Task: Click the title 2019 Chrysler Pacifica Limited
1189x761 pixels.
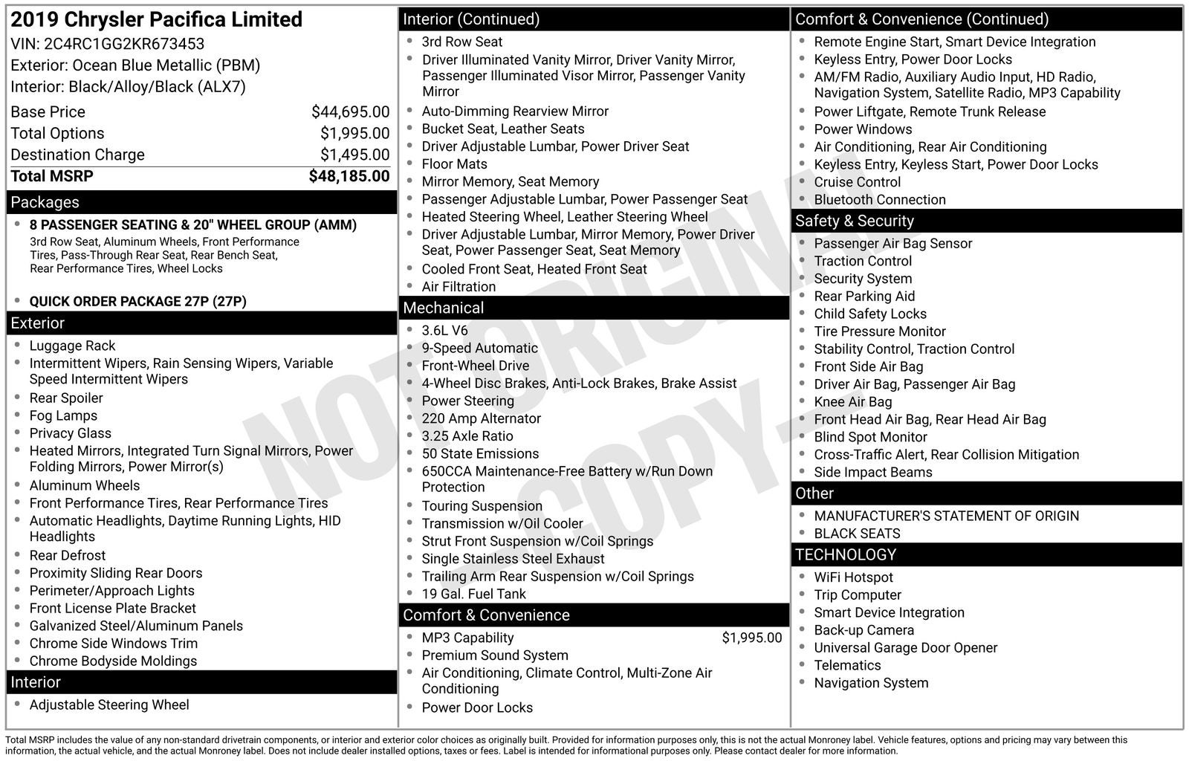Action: [156, 19]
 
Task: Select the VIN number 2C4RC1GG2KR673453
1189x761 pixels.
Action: [124, 44]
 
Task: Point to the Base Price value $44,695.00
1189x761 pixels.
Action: [350, 112]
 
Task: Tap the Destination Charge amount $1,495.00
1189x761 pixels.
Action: [354, 155]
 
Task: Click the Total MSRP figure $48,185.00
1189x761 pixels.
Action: [349, 176]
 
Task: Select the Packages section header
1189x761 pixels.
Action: [45, 202]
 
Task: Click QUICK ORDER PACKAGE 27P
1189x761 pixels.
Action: [137, 301]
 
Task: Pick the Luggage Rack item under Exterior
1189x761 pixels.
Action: [72, 346]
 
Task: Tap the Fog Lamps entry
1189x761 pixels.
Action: [63, 415]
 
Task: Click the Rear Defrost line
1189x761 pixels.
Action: [68, 555]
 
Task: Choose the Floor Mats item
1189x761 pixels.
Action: [454, 163]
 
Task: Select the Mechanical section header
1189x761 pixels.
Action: [443, 308]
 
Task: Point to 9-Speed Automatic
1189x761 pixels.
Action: [479, 348]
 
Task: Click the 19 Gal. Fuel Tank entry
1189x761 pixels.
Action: [473, 594]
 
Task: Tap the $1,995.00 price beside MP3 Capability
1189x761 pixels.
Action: [751, 638]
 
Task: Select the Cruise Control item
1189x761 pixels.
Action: [857, 182]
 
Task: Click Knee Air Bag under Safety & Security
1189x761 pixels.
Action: [852, 401]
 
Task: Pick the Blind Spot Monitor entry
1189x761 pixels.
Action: [870, 437]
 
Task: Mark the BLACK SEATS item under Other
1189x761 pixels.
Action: [857, 534]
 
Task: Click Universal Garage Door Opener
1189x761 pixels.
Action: [905, 647]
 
